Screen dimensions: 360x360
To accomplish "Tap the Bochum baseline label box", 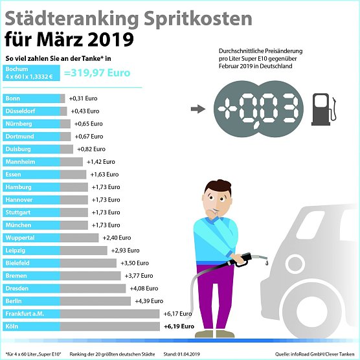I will pyautogui.click(x=31, y=72).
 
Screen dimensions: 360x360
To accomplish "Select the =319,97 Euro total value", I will pyautogui.click(x=97, y=73).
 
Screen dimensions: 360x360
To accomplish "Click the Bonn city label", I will pyautogui.click(x=31, y=98).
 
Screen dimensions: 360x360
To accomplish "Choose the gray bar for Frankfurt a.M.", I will pyautogui.click(x=110, y=313).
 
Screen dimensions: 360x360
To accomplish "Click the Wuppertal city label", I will pyautogui.click(x=31, y=238).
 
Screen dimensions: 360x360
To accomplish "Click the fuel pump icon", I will pyautogui.click(x=321, y=109).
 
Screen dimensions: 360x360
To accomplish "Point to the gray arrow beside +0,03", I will pyautogui.click(x=202, y=108).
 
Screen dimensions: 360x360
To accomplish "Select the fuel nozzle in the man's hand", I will pyautogui.click(x=249, y=257).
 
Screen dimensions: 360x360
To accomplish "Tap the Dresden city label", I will pyautogui.click(x=31, y=288).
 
